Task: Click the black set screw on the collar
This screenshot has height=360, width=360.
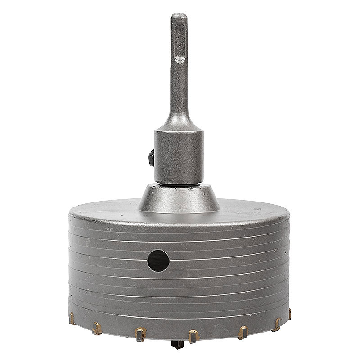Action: point(150,158)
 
